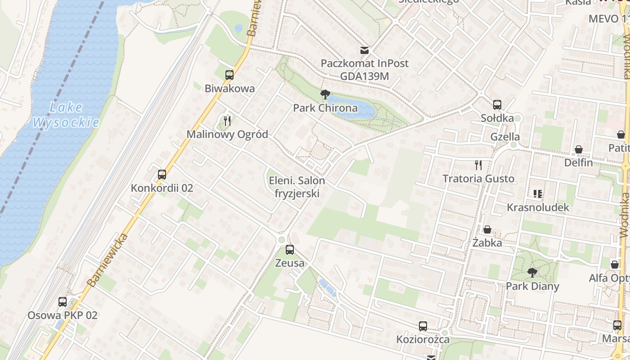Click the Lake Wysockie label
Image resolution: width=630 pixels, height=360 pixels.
pyautogui.click(x=66, y=115)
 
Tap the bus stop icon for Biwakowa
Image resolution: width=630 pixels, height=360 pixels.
pyautogui.click(x=229, y=75)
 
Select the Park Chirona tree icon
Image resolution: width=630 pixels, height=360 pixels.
pyautogui.click(x=325, y=94)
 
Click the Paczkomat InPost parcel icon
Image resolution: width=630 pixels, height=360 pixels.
pyautogui.click(x=364, y=50)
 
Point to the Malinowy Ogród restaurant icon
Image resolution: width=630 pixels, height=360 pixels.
pyautogui.click(x=227, y=121)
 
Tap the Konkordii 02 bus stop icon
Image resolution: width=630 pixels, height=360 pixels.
pyautogui.click(x=162, y=175)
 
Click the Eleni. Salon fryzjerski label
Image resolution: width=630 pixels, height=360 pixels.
pyautogui.click(x=297, y=187)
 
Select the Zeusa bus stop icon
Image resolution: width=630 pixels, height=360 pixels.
pyautogui.click(x=290, y=249)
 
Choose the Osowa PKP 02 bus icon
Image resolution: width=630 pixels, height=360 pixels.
pyautogui.click(x=63, y=302)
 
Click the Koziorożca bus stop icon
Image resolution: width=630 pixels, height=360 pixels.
pyautogui.click(x=423, y=326)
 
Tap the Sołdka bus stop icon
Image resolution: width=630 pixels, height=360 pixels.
pyautogui.click(x=497, y=105)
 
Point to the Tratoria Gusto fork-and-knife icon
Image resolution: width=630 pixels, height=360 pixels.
pyautogui.click(x=478, y=165)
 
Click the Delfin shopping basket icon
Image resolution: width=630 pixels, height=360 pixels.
pyautogui.click(x=579, y=149)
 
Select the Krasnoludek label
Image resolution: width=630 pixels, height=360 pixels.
pyautogui.click(x=538, y=207)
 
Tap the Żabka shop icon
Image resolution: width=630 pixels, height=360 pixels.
pyautogui.click(x=487, y=230)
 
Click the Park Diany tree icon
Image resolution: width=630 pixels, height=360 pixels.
pyautogui.click(x=532, y=272)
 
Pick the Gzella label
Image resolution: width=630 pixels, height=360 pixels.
pyautogui.click(x=505, y=137)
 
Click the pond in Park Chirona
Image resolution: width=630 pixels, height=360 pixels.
pyautogui.click(x=355, y=108)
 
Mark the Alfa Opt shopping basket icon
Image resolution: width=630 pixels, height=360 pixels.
pyautogui.click(x=615, y=265)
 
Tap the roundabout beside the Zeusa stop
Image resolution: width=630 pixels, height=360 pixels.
pyautogui.click(x=282, y=239)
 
